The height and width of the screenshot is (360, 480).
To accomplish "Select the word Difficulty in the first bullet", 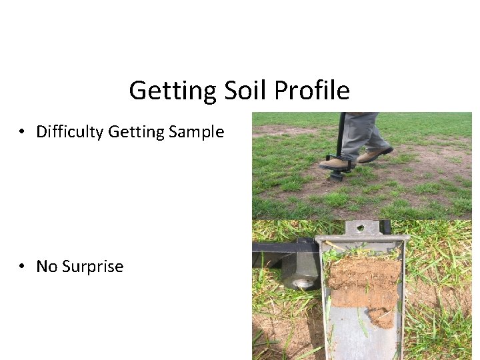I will pyautogui.click(x=69, y=132).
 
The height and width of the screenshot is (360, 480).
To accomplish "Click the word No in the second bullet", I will pyautogui.click(x=47, y=267).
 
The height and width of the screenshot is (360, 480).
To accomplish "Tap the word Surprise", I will pyautogui.click(x=93, y=267).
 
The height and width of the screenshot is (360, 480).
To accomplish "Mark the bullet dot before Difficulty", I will pyautogui.click(x=23, y=132).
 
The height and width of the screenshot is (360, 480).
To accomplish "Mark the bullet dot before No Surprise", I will pyautogui.click(x=23, y=267).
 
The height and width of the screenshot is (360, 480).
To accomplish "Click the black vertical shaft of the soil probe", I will pyautogui.click(x=341, y=137).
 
